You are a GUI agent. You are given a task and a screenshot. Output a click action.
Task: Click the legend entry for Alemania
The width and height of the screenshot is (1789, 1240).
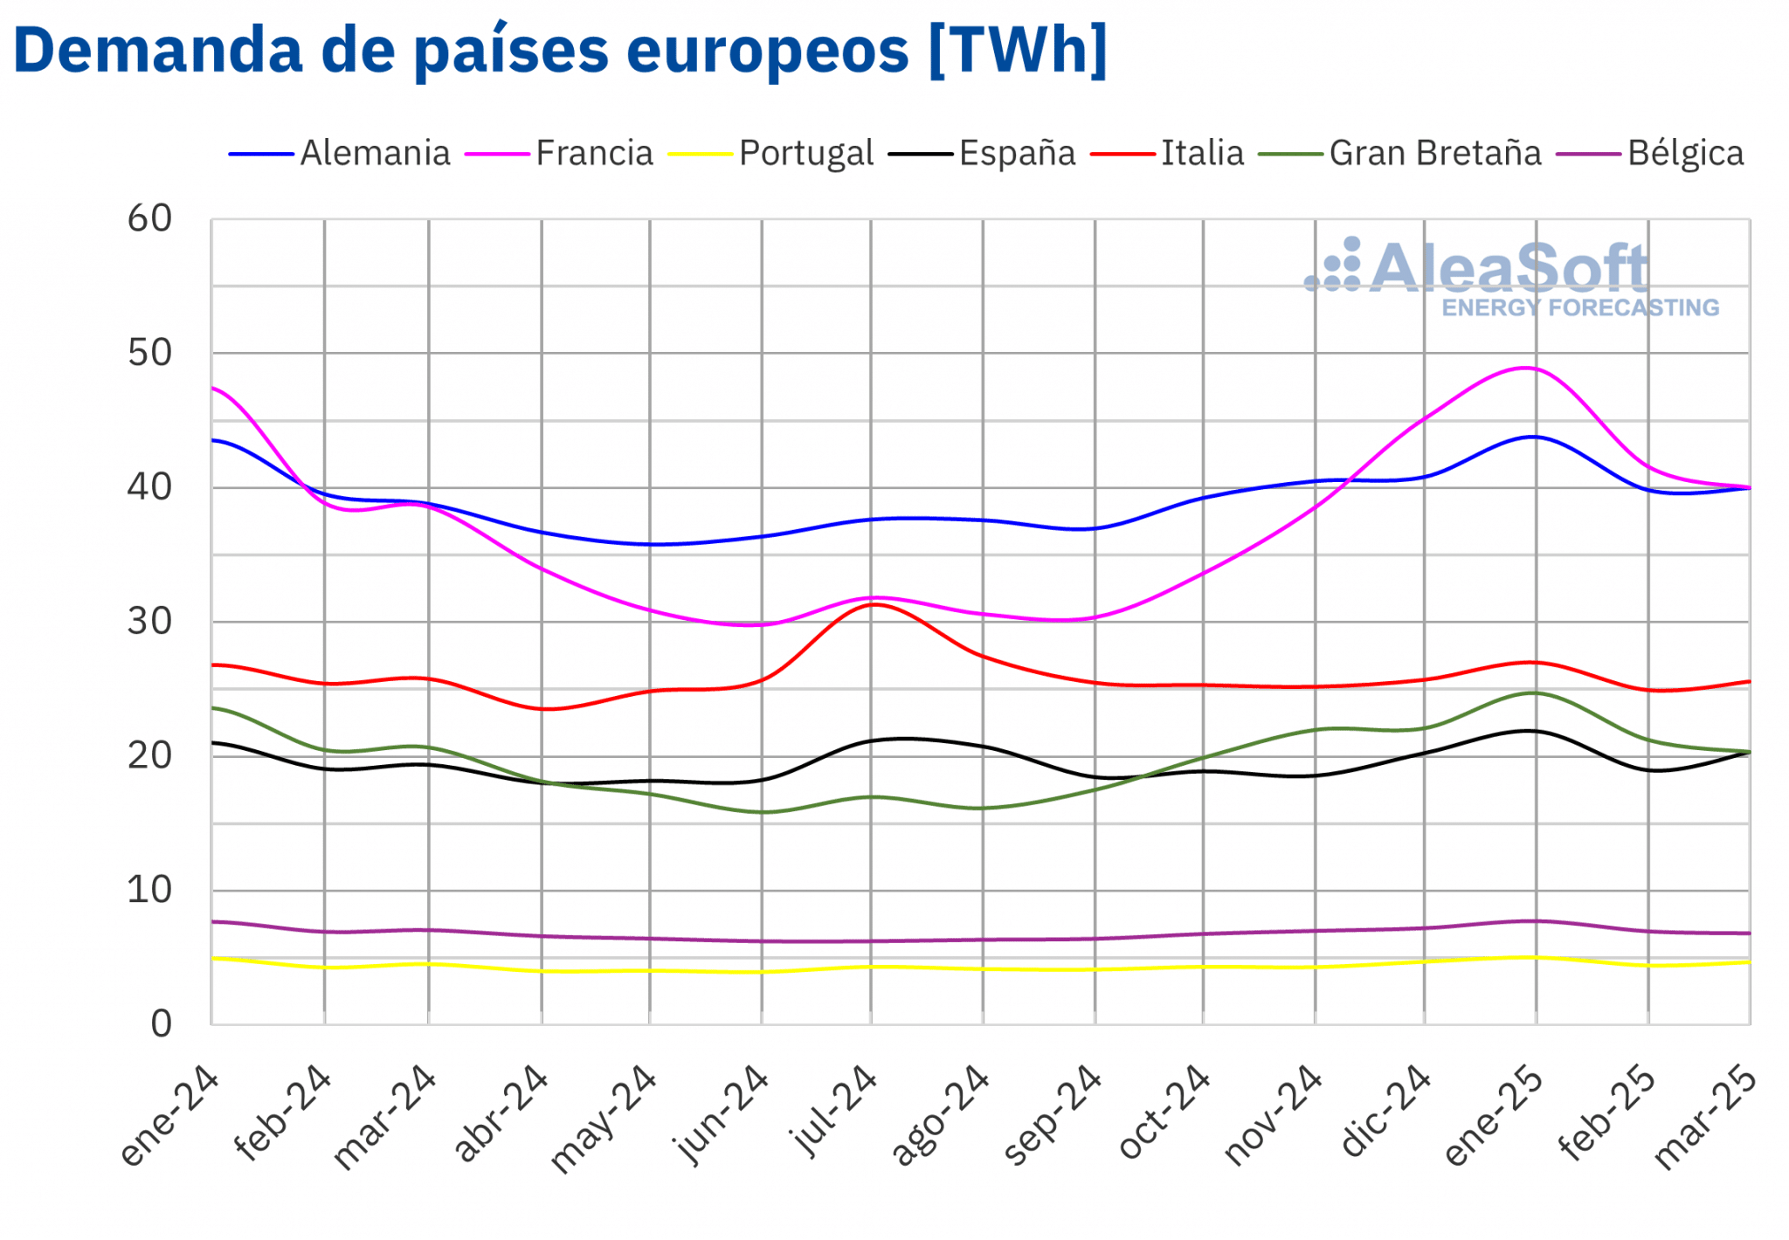click(x=374, y=154)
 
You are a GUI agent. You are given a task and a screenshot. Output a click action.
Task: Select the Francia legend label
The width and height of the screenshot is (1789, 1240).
click(x=594, y=154)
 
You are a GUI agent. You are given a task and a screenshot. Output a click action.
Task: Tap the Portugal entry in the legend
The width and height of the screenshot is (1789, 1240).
click(x=805, y=154)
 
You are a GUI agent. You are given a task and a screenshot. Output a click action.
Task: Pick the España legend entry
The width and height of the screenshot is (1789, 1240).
click(x=1017, y=154)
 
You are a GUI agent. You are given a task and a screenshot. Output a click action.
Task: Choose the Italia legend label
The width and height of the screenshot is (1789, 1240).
click(x=1202, y=154)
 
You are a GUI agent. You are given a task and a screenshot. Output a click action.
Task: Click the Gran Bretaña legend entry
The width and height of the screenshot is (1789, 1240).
click(x=1435, y=154)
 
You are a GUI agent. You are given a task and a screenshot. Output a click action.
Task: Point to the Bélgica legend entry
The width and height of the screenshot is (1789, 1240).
click(x=1685, y=154)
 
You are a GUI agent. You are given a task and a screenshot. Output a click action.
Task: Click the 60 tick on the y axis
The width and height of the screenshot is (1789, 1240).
click(x=150, y=219)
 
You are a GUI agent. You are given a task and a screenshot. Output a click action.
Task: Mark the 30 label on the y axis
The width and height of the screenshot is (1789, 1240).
click(x=150, y=622)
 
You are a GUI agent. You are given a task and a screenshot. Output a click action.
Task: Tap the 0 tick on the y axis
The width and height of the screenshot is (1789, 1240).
click(x=162, y=1024)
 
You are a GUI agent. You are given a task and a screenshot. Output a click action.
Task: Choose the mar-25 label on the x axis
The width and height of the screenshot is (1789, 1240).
click(x=1705, y=1118)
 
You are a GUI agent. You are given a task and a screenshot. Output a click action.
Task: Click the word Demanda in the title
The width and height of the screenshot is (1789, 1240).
click(x=158, y=51)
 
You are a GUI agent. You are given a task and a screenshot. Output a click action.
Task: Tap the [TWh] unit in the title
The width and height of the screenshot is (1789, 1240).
click(x=1017, y=51)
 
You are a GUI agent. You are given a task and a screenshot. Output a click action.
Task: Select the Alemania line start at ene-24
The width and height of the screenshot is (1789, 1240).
click(x=212, y=440)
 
